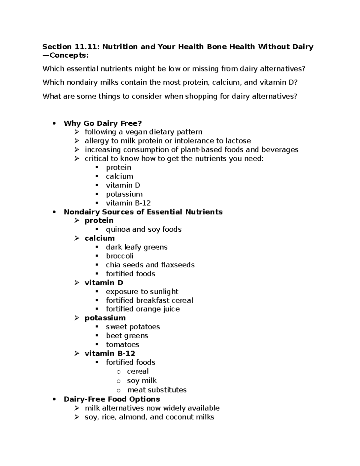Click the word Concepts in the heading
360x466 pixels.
pyautogui.click(x=69, y=56)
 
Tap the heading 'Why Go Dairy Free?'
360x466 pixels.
pyautogui.click(x=103, y=123)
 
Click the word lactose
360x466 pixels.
pyautogui.click(x=238, y=141)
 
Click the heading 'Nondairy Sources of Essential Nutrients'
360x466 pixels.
pyautogui.click(x=143, y=212)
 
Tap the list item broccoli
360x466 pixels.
pyautogui.click(x=120, y=256)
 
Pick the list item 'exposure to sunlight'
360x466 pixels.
pyautogui.click(x=142, y=292)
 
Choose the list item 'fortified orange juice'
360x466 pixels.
pyautogui.click(x=143, y=309)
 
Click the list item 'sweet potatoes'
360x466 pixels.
pyautogui.click(x=133, y=327)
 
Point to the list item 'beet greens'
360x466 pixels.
pyautogui.click(x=127, y=336)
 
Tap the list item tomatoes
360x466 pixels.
pyautogui.click(x=122, y=344)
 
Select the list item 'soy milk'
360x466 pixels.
pyautogui.click(x=142, y=380)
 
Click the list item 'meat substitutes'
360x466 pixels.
pyautogui.click(x=157, y=390)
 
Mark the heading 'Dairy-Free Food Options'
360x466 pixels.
pyautogui.click(x=112, y=399)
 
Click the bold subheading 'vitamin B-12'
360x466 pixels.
pyautogui.click(x=110, y=353)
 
